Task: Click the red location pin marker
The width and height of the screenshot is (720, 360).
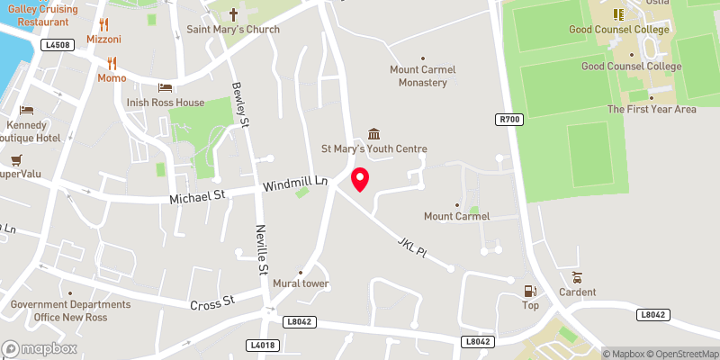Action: coord(360,179)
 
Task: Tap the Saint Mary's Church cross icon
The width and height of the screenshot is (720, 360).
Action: coord(233,15)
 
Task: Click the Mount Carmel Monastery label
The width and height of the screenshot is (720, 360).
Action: coord(423,76)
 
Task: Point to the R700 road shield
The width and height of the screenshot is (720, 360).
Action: coord(509,118)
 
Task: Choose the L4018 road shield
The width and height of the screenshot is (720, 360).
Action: coord(263,345)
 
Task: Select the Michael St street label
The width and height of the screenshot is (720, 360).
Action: coord(197,197)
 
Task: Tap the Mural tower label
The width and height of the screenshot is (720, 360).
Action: coord(301,284)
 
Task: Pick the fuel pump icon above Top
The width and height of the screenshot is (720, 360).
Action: coord(531,291)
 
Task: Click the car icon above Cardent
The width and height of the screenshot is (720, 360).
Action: coord(577,277)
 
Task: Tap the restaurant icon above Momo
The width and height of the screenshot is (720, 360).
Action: coord(112,63)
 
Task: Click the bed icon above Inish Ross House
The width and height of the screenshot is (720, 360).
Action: coord(165,87)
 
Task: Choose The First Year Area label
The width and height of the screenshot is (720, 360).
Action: coord(652,109)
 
